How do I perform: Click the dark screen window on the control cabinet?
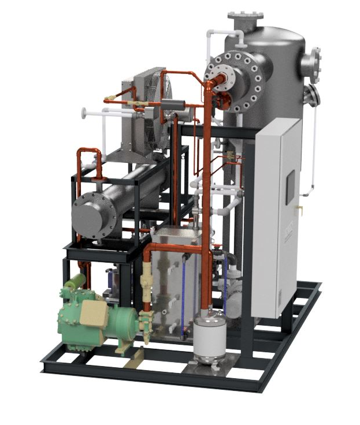click(290, 187)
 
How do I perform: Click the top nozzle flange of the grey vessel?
click(245, 16)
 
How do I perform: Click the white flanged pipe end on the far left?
click(85, 112)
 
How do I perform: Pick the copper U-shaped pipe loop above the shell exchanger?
click(90, 156)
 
